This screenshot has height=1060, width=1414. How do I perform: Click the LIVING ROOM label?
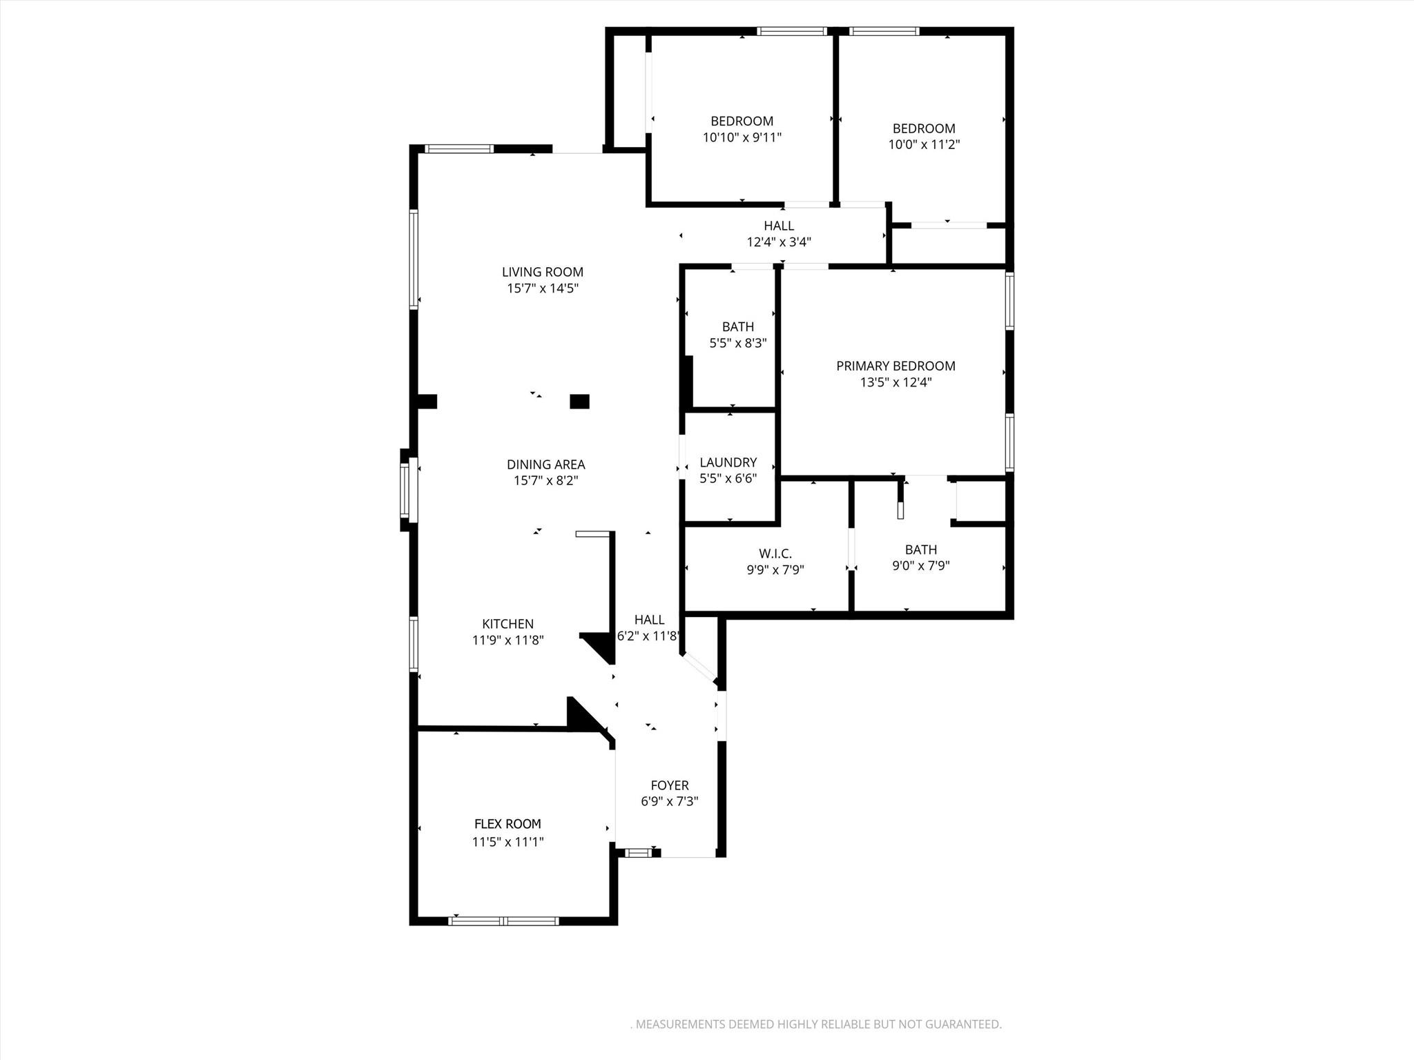(x=542, y=272)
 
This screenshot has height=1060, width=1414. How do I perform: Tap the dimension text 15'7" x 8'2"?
(x=545, y=480)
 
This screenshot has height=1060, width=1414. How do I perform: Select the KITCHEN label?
(x=507, y=624)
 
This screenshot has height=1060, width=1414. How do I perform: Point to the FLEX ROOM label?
(x=507, y=824)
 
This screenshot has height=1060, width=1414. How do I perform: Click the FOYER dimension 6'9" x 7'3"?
(x=669, y=801)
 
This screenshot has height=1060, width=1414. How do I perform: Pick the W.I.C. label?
(x=775, y=553)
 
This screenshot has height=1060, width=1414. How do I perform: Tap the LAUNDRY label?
(x=728, y=462)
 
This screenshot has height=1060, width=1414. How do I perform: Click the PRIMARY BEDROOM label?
(x=895, y=366)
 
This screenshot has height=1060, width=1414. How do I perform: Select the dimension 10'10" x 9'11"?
(x=742, y=137)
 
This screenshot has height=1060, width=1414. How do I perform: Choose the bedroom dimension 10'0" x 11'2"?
(x=923, y=145)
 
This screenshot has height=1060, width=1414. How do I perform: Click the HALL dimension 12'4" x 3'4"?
(x=778, y=242)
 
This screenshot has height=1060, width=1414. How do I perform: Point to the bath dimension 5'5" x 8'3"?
(x=737, y=343)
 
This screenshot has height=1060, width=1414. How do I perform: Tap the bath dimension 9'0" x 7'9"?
(x=920, y=566)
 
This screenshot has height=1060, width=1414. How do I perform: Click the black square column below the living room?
(x=579, y=402)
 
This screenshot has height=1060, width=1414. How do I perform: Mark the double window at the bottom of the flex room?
(x=503, y=921)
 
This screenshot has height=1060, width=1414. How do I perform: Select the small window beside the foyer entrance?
(x=638, y=853)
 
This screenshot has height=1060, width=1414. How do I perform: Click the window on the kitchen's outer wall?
(x=414, y=644)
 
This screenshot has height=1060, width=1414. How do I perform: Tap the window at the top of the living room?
(x=458, y=148)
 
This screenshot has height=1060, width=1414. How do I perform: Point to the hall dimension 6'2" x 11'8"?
(x=648, y=636)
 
